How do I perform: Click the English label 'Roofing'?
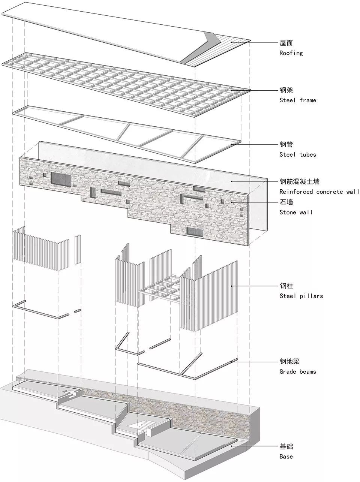coord(291,53)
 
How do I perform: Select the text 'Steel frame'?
coord(298,100)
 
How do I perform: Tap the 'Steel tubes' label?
coord(298,154)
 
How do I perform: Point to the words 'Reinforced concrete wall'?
coord(319,192)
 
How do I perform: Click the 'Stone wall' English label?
coord(296,212)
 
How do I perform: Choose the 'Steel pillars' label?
coord(301,296)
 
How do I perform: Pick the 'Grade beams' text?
coord(298,372)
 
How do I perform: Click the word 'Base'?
coord(286,457)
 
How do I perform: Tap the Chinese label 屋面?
coord(286,43)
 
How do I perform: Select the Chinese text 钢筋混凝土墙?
coord(300,182)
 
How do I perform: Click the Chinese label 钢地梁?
coord(289,362)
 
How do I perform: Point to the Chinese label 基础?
coord(286,447)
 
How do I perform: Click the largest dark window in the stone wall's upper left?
coord(61,179)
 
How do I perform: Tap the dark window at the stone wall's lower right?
coord(195,232)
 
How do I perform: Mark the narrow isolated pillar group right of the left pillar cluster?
coord(78,249)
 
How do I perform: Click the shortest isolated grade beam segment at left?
coord(78,311)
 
